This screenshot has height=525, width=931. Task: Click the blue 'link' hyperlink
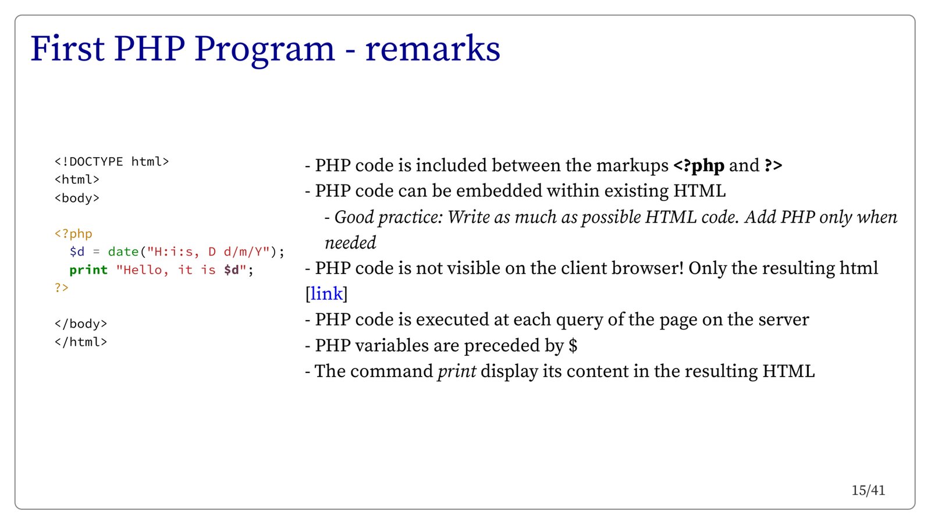point(326,294)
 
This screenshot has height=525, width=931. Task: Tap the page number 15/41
point(868,491)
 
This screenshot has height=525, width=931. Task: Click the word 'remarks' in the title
point(433,49)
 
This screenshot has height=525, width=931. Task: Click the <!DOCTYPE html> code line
point(112,161)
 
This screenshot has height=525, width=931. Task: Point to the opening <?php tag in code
point(73,233)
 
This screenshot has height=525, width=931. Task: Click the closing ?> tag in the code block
point(62,288)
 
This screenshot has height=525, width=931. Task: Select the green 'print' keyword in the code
point(88,269)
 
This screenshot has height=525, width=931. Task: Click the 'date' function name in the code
point(123,251)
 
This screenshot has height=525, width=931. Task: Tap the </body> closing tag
point(81,324)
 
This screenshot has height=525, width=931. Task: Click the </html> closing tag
point(81,342)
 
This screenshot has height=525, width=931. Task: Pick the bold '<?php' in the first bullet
point(699,166)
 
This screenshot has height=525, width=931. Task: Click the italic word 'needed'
point(350,243)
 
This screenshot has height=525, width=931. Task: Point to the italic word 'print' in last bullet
point(457,371)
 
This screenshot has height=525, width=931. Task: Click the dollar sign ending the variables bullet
point(573,345)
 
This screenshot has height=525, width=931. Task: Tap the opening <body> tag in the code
point(77,198)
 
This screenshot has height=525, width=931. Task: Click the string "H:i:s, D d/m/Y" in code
point(208,251)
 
